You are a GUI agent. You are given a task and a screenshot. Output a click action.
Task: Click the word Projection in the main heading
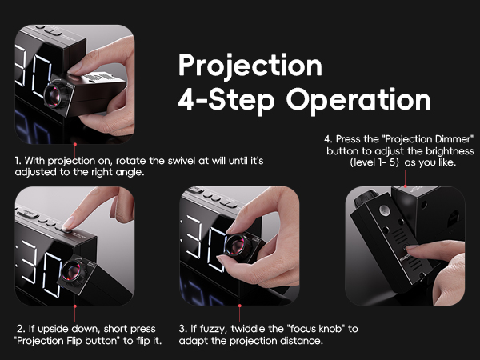click(250, 65)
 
